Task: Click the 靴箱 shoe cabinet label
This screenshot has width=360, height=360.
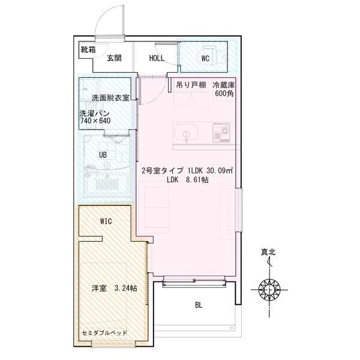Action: (x=88, y=50)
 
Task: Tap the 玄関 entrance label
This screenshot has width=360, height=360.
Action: (x=115, y=58)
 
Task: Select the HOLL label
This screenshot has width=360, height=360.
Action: (x=157, y=58)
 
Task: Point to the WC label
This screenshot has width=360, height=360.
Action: (x=205, y=58)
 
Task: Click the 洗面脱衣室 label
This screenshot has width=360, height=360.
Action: (x=110, y=98)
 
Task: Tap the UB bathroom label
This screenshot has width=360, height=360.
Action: (x=103, y=155)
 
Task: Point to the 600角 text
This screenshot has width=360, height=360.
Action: (x=224, y=94)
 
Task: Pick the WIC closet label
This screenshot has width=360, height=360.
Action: (x=106, y=221)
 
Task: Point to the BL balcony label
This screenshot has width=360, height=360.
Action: (x=198, y=305)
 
